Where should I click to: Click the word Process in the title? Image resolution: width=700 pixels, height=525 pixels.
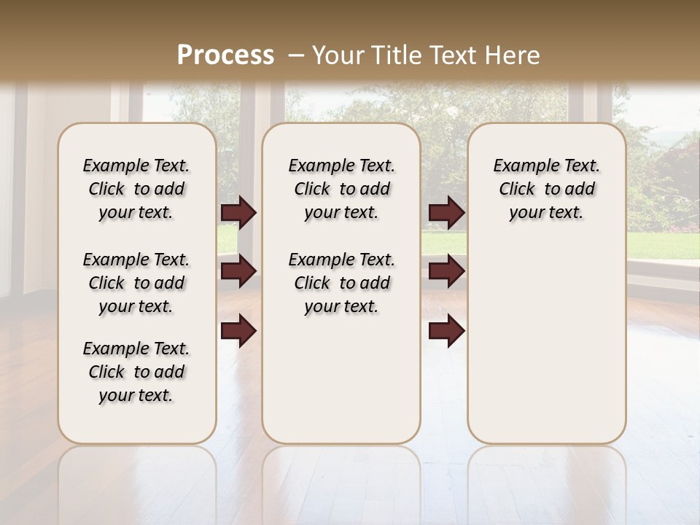point(225,55)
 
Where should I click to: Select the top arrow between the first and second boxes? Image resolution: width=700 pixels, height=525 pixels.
point(238,213)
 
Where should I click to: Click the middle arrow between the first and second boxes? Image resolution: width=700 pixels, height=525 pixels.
point(238,271)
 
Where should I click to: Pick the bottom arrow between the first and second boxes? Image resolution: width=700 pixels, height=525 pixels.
point(238,331)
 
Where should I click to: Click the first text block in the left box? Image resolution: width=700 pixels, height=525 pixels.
point(136,189)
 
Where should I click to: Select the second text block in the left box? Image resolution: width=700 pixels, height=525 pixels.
point(136,283)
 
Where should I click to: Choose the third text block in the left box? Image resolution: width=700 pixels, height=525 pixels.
point(136,372)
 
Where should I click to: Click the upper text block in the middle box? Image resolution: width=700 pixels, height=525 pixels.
point(341,189)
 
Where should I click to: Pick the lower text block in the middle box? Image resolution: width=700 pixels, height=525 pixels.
point(341,283)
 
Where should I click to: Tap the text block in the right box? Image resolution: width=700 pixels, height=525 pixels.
point(546,189)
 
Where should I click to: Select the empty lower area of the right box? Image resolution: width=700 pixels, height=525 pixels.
point(546,343)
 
